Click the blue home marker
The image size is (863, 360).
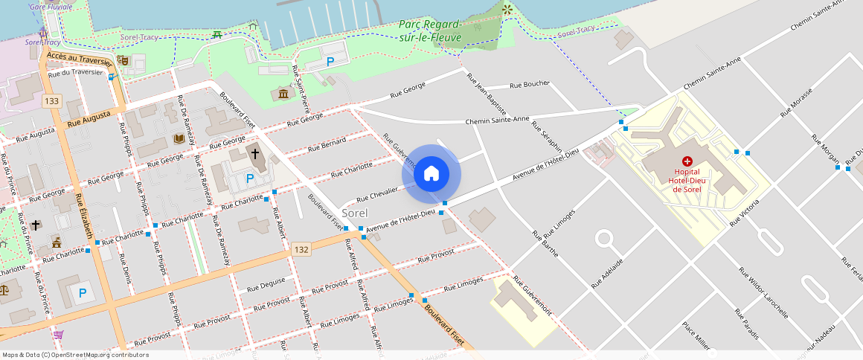point(431,174)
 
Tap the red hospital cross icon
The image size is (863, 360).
point(687,161)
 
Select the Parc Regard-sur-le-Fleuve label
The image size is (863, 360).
point(430,30)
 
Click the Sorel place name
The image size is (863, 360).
point(354,213)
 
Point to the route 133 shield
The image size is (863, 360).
point(51,101)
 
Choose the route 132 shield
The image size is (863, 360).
point(301,250)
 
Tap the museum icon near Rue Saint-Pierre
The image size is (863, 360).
point(283,94)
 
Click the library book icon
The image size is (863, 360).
point(179,138)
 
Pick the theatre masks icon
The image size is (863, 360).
point(123,60)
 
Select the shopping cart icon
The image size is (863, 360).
point(58,335)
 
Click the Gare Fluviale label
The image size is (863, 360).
point(51,7)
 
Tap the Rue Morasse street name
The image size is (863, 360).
point(796,108)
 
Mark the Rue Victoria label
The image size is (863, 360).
point(745,213)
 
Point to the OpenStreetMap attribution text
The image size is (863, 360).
point(75,355)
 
